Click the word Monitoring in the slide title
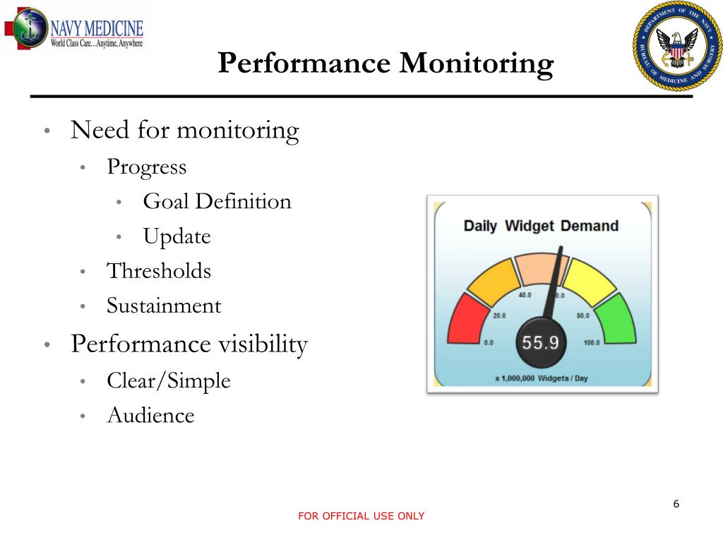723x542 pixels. point(477,64)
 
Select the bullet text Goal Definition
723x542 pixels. point(217,202)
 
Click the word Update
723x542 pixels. point(177,236)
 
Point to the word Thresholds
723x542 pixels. point(159,271)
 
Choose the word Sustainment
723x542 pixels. point(164,306)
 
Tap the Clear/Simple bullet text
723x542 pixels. point(169,381)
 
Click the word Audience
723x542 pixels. point(150,416)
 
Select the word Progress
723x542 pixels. point(147,167)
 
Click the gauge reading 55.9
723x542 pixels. point(540,344)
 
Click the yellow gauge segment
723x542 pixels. point(590,279)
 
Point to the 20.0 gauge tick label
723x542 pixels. point(499,315)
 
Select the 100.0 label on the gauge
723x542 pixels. point(591,343)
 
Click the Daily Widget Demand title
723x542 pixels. point(540,227)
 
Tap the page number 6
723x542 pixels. point(676,504)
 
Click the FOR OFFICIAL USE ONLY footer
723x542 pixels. point(361,517)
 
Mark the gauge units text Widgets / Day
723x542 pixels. point(563,378)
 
